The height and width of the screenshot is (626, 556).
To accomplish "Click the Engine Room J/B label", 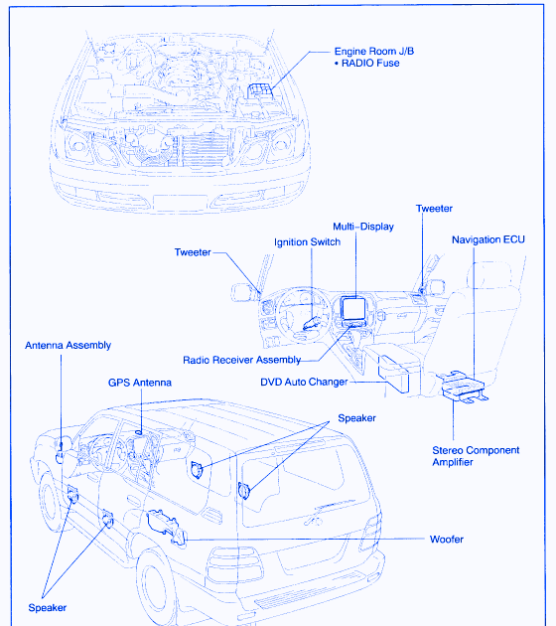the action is pyautogui.click(x=374, y=51).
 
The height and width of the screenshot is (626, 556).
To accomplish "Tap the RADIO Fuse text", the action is pyautogui.click(x=370, y=63).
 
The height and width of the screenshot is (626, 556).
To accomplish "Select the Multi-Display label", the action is pyautogui.click(x=363, y=227).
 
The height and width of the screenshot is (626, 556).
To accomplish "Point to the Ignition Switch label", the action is pyautogui.click(x=307, y=242).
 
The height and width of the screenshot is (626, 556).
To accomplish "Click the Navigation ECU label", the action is pyautogui.click(x=488, y=239).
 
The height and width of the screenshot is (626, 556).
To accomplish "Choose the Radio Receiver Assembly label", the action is pyautogui.click(x=241, y=360).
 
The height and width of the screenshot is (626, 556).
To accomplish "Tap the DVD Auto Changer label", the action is pyautogui.click(x=304, y=383).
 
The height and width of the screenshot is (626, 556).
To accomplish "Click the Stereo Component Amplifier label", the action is pyautogui.click(x=476, y=456).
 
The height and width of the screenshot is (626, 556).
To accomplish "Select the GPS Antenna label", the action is pyautogui.click(x=140, y=383).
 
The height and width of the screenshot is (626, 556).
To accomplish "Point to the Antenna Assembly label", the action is pyautogui.click(x=68, y=346).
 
